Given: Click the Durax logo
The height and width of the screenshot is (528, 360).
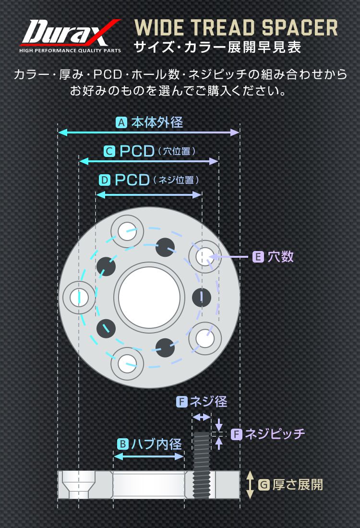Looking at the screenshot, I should pos(70,36).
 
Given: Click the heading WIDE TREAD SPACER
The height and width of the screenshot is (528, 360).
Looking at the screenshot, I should pos(236,28).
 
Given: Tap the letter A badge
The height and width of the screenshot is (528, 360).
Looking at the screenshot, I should pos(121,123).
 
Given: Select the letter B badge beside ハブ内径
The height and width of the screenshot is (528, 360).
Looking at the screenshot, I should pos(122,444).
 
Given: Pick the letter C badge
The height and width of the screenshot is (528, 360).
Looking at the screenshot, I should pos(109,152).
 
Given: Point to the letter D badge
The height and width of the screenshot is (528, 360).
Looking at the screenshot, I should pos(105,180).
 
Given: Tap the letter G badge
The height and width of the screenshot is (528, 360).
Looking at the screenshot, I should pos(264,485).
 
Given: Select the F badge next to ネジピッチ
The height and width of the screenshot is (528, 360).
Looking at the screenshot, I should pos(236,434).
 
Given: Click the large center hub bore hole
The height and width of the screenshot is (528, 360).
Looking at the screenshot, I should pos(149,296).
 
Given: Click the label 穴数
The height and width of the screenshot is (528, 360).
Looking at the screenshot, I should pos(280,257).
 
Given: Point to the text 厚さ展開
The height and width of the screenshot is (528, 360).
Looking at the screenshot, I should pos(298,485).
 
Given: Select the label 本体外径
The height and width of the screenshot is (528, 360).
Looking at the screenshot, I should pos(157,123).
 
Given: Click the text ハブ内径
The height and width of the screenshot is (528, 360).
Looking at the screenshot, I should pos(156,444).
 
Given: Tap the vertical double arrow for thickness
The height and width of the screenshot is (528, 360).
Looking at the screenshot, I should pos(250,485).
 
